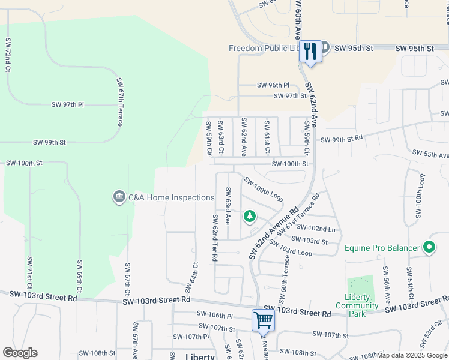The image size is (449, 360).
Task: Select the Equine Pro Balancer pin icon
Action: click(x=429, y=247)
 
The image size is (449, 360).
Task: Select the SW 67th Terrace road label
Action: click(x=120, y=101)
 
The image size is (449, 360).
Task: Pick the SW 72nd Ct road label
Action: click(x=8, y=55)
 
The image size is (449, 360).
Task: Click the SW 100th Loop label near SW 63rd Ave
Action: click(x=263, y=187)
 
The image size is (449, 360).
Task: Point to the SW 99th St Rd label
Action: click(x=342, y=139)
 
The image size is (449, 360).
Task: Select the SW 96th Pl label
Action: click(x=273, y=85)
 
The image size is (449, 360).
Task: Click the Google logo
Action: click(x=20, y=353)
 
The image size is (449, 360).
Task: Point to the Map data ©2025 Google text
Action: click(x=411, y=355)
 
